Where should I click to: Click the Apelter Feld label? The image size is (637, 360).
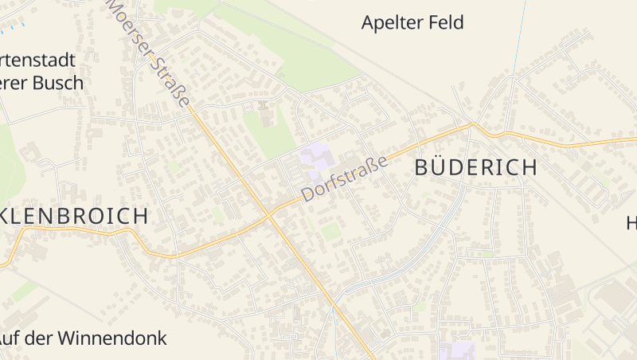(x=412, y=22)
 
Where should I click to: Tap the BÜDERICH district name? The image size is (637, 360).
(x=476, y=167)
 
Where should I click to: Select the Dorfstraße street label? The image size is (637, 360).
(x=344, y=178)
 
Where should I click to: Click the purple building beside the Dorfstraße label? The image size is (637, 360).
(x=317, y=158)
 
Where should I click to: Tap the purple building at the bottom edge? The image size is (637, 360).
(x=455, y=352)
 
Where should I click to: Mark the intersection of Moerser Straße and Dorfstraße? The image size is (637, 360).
(x=269, y=214)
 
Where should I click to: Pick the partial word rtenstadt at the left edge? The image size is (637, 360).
(x=38, y=60)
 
